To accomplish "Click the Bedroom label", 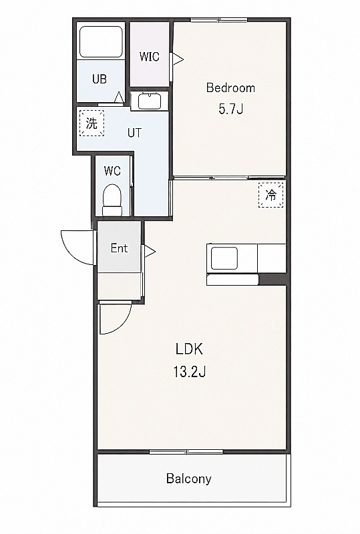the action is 230,88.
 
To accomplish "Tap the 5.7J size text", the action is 230,109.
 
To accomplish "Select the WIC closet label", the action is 150,57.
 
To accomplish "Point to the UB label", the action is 100,79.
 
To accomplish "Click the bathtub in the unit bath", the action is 101,41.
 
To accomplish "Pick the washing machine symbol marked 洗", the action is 92,123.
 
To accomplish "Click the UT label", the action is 134,133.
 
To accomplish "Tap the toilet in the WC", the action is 112,200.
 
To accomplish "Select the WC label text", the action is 112,171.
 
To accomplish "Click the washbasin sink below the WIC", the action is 150,101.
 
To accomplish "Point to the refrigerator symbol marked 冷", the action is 271,195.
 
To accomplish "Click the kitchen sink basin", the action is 224,258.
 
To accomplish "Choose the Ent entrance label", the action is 119,248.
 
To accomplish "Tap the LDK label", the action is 189,349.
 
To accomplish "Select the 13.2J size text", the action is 189,372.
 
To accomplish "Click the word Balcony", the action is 188,479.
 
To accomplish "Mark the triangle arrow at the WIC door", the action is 178,59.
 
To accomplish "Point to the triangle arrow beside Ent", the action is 150,252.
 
